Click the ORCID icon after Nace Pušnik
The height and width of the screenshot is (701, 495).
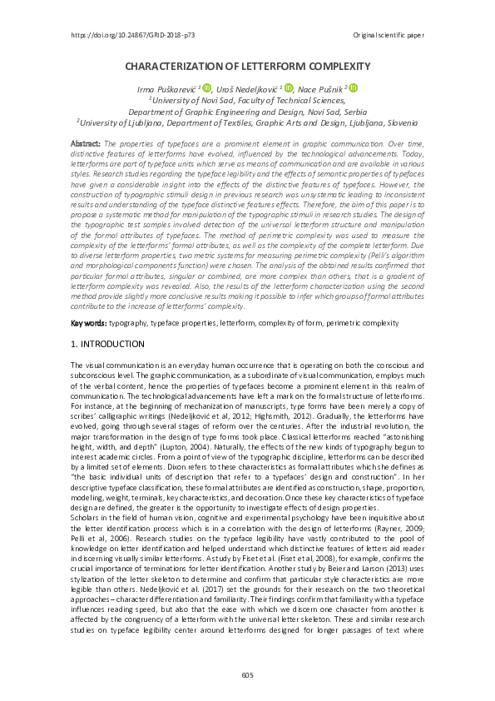(x=353, y=87)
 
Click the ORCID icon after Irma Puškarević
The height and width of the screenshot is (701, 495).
(x=206, y=87)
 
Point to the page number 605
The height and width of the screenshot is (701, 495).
(x=247, y=674)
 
